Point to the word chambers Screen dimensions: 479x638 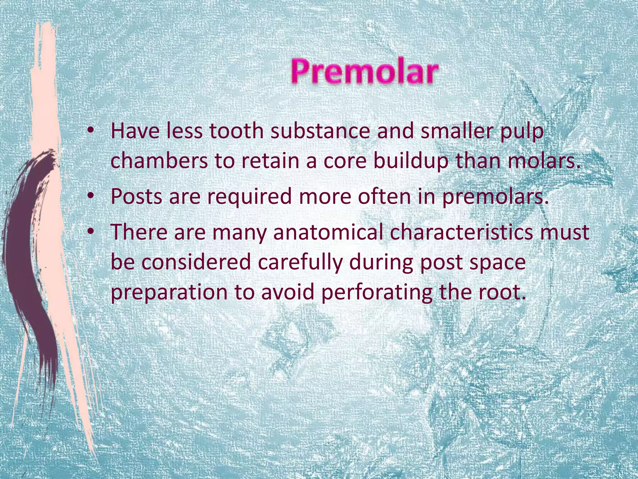coord(159,161)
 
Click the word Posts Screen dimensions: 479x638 coord(136,196)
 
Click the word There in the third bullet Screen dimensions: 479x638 coord(139,232)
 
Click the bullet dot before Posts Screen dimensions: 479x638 coord(90,196)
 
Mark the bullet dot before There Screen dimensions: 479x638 coord(90,232)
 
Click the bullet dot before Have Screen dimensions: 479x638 coord(90,131)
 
